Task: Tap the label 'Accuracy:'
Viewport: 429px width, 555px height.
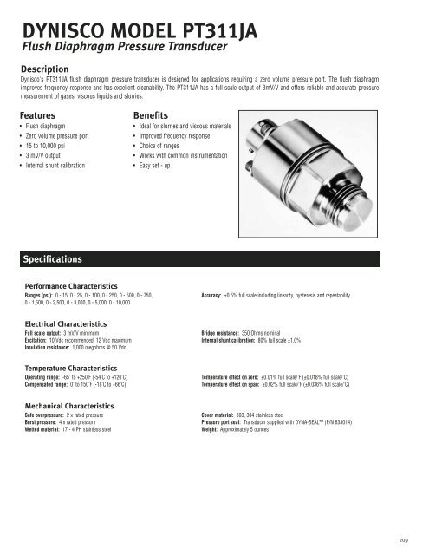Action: (211, 296)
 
